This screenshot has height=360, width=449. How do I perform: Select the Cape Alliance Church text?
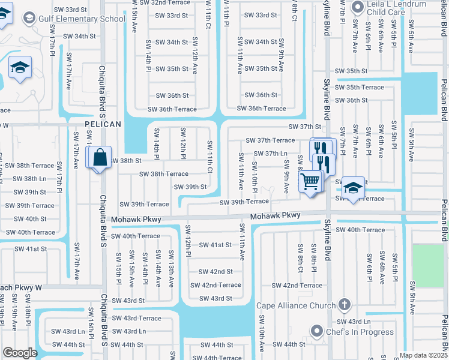(296, 306)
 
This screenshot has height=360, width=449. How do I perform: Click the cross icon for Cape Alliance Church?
(344, 305)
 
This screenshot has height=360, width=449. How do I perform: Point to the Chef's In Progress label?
(360, 332)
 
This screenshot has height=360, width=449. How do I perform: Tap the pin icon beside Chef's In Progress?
(317, 331)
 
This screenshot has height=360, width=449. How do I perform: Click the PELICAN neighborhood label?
(103, 124)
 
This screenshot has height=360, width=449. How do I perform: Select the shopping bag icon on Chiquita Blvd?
(98, 158)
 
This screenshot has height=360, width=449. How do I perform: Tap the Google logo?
(19, 353)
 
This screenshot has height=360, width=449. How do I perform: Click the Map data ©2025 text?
(423, 355)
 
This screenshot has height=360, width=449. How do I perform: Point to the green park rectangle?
(428, 265)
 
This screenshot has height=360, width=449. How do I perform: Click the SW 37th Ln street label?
(283, 154)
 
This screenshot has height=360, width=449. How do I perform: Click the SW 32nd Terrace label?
(161, 3)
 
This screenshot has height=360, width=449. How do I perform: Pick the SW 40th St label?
(28, 219)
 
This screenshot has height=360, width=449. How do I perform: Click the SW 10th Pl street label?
(255, 177)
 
